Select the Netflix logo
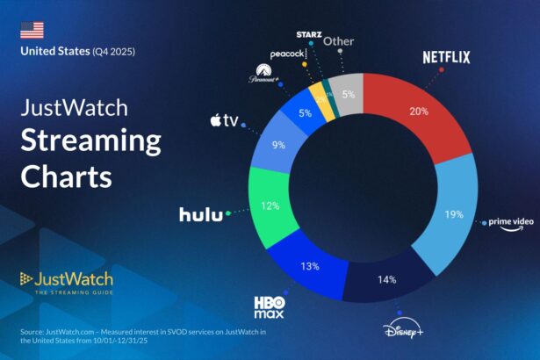point(447,58)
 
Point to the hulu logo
point(201,214)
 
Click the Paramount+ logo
point(266,72)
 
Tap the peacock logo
point(287,54)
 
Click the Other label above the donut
point(339,40)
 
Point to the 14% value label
point(387,279)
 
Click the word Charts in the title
point(66,176)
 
